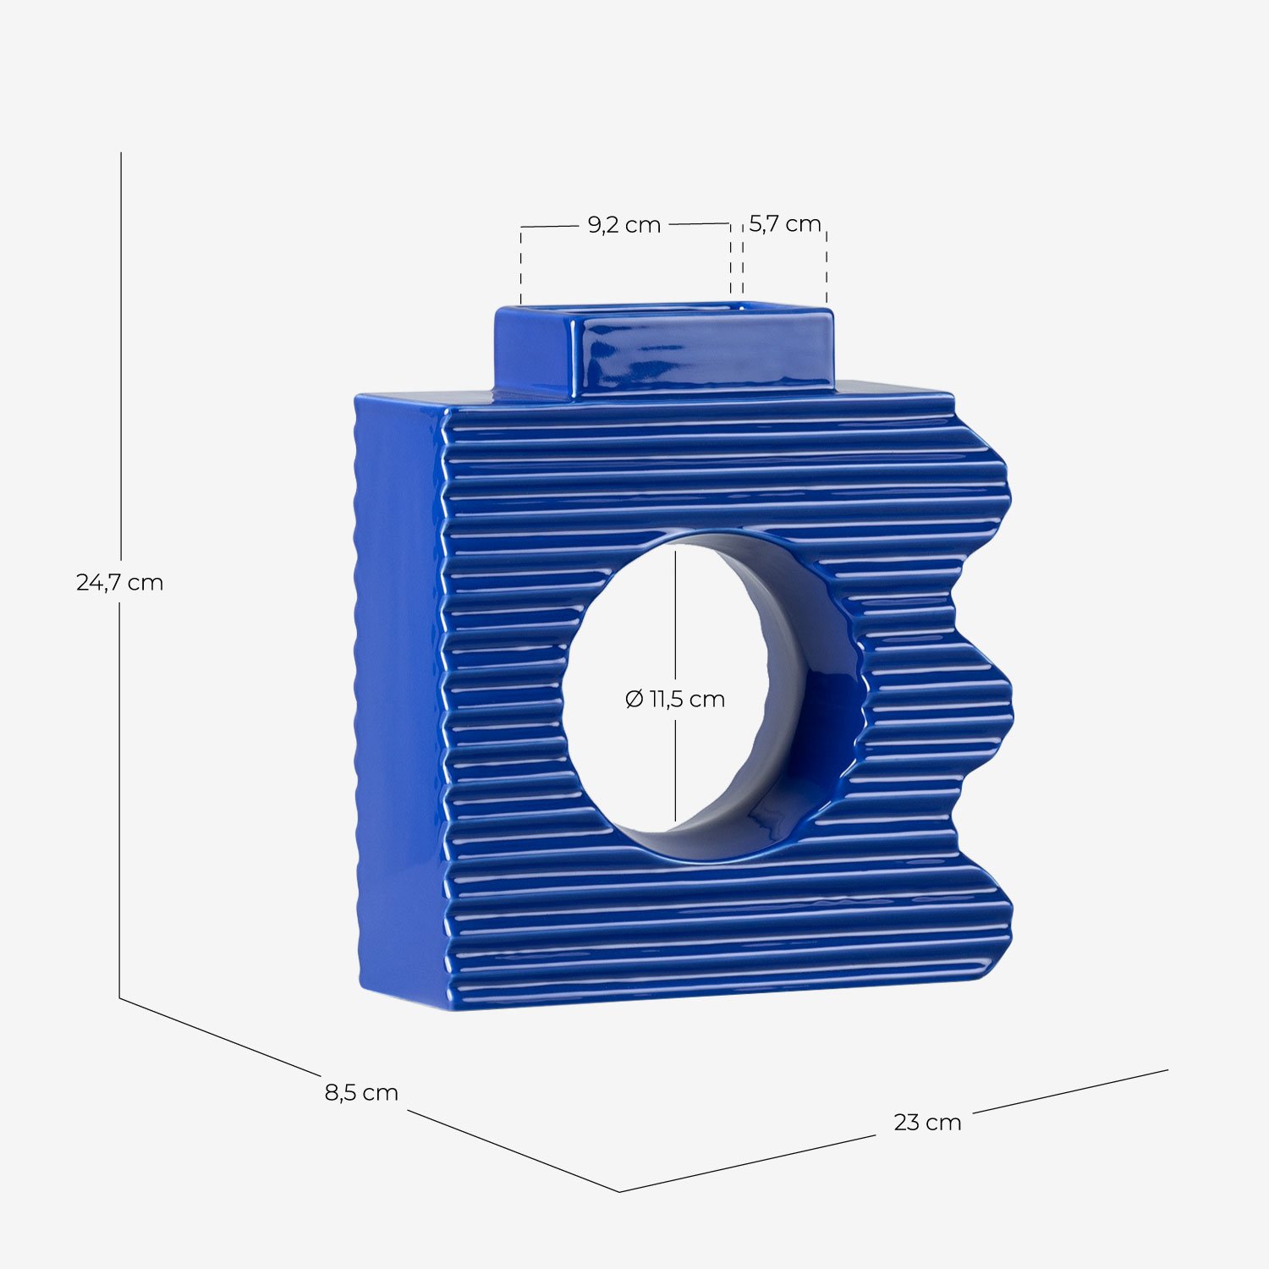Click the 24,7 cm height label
tap(119, 582)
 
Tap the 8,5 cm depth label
tap(361, 1092)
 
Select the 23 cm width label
tap(927, 1122)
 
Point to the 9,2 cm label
tap(624, 225)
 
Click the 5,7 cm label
tap(784, 224)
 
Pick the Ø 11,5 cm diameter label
tap(675, 699)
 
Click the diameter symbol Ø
tap(634, 699)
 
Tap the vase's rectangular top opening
tap(660, 310)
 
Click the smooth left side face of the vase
tap(398, 694)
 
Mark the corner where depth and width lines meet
tap(619, 1191)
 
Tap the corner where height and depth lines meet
tap(119, 998)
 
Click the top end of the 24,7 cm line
tap(121, 154)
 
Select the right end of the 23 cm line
tap(1167, 1070)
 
